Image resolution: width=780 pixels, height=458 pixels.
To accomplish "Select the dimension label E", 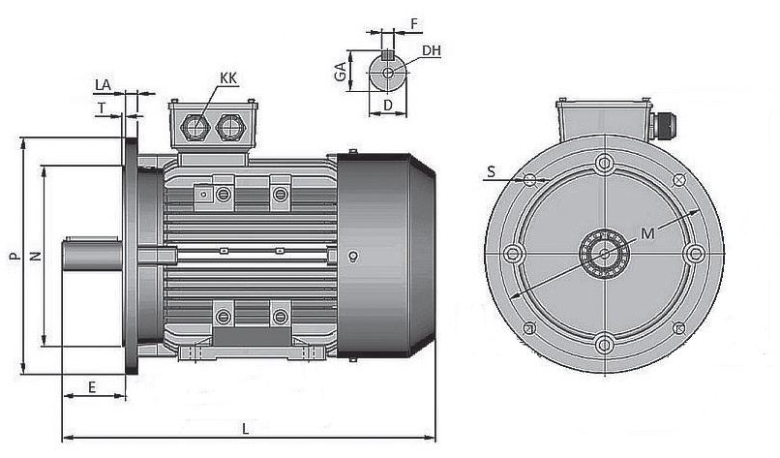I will [x=92, y=386].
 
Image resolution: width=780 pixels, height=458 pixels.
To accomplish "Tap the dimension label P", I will [x=13, y=257].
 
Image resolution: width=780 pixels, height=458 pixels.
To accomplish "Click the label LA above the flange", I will [x=104, y=85].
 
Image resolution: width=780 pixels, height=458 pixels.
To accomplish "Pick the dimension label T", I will [x=101, y=108].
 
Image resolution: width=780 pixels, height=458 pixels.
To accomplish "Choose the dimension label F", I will [x=414, y=20].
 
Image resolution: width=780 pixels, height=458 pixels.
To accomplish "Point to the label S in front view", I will [x=491, y=171].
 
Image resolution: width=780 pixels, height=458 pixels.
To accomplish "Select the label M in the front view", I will [x=646, y=233].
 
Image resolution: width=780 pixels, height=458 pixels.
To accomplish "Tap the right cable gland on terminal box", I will [x=230, y=126].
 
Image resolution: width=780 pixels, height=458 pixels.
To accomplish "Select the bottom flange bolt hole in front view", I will [x=605, y=342].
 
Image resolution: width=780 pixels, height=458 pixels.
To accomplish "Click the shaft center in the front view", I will [x=605, y=253].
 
